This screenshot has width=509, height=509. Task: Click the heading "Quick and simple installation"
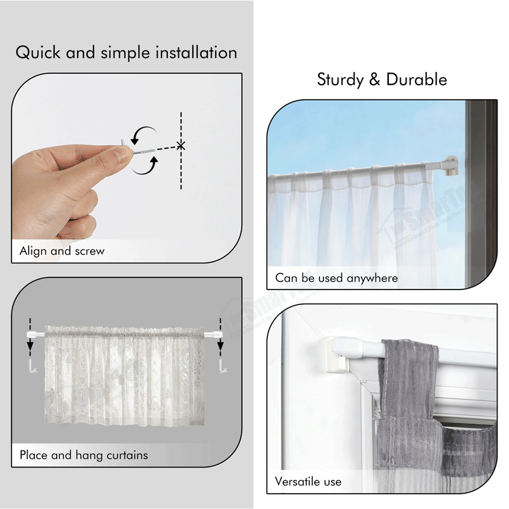pyautogui.click(x=126, y=52)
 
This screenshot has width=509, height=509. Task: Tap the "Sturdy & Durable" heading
pyautogui.click(x=382, y=80)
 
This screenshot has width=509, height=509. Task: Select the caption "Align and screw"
pyautogui.click(x=62, y=251)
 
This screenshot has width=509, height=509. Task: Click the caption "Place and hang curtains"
pyautogui.click(x=83, y=455)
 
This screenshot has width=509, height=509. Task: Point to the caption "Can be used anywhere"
pyautogui.click(x=336, y=278)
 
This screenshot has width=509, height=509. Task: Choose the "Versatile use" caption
pyautogui.click(x=308, y=482)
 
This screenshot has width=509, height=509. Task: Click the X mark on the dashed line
pyautogui.click(x=181, y=146)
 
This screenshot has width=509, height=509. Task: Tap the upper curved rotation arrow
pyautogui.click(x=146, y=134)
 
